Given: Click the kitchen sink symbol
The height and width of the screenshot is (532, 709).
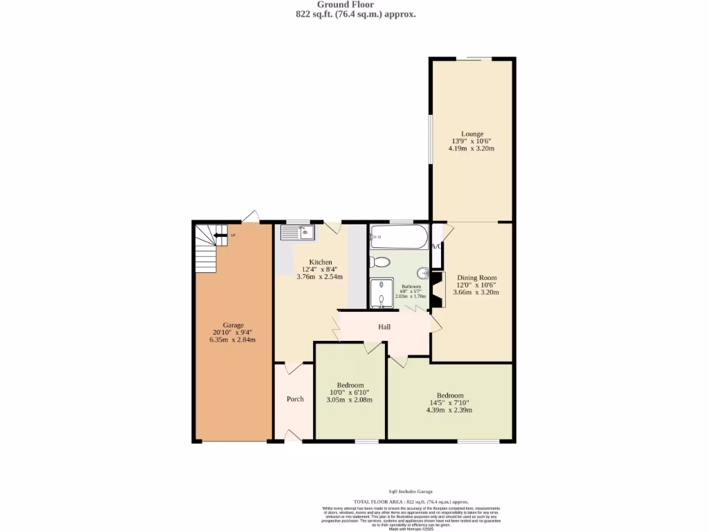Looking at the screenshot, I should [x=298, y=232].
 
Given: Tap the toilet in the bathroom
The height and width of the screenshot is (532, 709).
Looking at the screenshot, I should [x=379, y=262].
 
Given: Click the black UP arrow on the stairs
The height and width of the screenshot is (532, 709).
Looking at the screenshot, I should [x=221, y=236].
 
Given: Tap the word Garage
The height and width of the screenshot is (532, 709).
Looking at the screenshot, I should [x=233, y=325].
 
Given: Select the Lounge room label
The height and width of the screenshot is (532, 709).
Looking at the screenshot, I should [x=472, y=134].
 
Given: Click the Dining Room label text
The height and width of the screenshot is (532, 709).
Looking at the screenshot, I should [x=476, y=278].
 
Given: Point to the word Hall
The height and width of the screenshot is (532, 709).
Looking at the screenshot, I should [x=384, y=326].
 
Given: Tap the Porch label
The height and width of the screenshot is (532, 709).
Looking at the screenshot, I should [x=296, y=399].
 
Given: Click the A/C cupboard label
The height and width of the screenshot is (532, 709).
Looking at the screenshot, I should [x=437, y=247].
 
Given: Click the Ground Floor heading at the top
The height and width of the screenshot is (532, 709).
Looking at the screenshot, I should [x=354, y=5].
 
